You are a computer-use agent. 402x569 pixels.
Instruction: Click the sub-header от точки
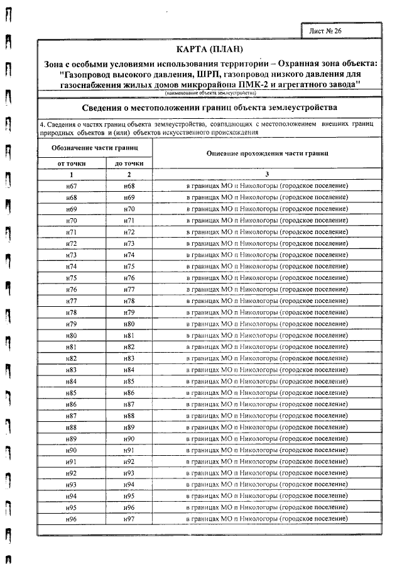pyautogui.click(x=72, y=163)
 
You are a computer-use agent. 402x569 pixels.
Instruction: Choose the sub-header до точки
pyautogui.click(x=129, y=163)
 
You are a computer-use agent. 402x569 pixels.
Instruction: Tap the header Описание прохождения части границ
pyautogui.click(x=267, y=154)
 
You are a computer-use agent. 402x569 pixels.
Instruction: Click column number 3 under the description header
pyautogui.click(x=267, y=174)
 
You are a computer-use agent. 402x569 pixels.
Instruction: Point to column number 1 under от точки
pyautogui.click(x=72, y=174)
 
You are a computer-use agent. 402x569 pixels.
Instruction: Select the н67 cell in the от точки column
pyautogui.click(x=72, y=186)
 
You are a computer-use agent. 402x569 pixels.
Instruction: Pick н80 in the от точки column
pyautogui.click(x=72, y=335)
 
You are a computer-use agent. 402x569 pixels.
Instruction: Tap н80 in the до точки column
pyautogui.click(x=129, y=324)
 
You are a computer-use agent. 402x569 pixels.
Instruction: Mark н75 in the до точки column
pyautogui.click(x=129, y=267)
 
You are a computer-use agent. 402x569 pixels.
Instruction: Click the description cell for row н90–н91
pyautogui.click(x=267, y=450)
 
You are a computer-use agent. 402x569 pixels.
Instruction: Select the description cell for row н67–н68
pyautogui.click(x=267, y=186)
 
